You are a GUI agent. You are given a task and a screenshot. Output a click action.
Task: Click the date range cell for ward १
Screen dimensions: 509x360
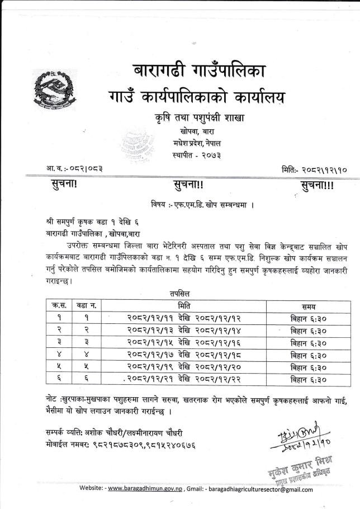184,318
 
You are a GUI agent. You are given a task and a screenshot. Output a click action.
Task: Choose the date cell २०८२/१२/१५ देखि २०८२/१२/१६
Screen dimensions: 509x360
184,343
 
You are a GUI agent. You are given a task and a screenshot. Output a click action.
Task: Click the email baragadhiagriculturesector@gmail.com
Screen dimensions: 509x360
260,490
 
